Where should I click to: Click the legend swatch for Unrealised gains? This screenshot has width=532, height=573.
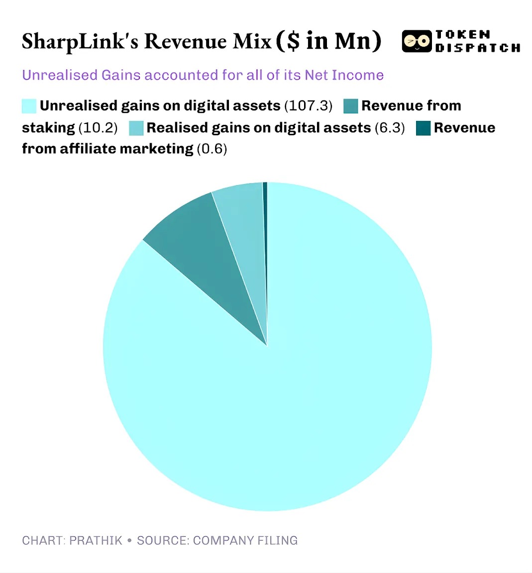29,106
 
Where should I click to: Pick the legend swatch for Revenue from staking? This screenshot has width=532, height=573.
351,106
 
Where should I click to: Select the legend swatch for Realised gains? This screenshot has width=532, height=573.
136,128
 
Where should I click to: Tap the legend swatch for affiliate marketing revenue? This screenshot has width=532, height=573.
423,128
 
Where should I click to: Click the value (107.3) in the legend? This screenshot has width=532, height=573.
308,106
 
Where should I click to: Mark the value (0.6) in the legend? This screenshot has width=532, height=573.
212,149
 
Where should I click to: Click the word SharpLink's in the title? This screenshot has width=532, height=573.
80,41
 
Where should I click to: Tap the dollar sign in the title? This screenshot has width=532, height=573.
294,41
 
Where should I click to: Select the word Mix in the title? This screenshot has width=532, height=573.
253,41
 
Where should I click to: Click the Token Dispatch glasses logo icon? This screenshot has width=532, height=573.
417,42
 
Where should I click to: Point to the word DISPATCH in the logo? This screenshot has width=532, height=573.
478,48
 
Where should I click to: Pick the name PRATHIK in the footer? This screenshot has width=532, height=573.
96,541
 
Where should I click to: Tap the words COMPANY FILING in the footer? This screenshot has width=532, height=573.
245,541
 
